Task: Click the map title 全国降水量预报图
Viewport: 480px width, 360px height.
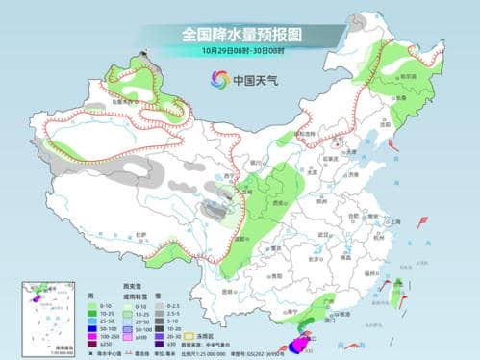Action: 240,34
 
